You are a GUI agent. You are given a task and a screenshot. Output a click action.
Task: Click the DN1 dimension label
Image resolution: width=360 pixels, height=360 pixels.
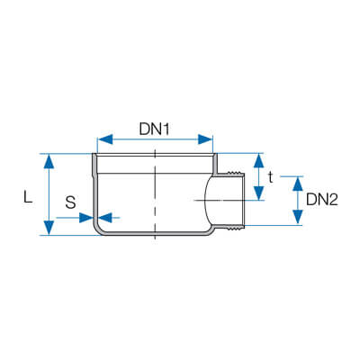coord(154,130)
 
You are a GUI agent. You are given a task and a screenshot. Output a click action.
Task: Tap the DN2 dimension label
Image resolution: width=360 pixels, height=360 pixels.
coord(322,200)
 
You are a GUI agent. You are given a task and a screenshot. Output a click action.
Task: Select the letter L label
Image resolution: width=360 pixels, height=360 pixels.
coord(28,198)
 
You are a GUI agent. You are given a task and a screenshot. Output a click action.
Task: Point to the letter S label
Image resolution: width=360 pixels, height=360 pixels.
coord(70,202)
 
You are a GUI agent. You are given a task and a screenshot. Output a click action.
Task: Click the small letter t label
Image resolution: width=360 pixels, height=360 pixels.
coord(271,178)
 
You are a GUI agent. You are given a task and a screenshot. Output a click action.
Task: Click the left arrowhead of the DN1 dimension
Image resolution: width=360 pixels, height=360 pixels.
coord(106,139)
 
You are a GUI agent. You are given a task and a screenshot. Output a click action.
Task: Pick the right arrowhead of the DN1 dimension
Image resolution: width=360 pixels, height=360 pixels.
coord(205,139)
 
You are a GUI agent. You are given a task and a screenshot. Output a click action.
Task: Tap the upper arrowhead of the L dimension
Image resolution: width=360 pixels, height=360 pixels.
coord(49,162)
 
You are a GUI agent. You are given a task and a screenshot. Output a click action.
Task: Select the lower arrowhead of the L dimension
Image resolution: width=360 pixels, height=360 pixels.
coord(49,228)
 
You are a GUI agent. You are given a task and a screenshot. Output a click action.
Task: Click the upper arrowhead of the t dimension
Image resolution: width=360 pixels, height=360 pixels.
coord(258,160)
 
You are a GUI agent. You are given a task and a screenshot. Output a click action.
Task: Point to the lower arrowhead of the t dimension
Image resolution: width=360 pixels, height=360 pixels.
coord(258,193)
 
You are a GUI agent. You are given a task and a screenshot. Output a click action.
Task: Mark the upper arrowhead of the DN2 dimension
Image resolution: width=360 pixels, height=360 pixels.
coord(297,184)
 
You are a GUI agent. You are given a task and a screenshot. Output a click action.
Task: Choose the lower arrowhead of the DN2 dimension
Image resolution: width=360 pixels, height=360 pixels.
coord(297,217)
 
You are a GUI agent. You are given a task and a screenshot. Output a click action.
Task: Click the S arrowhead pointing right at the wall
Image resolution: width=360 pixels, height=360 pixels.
coord(86,218)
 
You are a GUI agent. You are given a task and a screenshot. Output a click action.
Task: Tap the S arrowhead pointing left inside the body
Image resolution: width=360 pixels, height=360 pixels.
coord(104,218)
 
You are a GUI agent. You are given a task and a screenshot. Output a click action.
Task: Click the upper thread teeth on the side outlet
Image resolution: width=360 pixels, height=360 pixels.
coord(236,174)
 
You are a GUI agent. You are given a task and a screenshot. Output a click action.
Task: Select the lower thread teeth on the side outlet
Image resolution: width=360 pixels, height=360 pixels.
coord(236,228)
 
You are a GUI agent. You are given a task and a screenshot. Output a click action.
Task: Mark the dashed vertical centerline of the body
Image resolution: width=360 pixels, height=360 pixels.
coord(155,193)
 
